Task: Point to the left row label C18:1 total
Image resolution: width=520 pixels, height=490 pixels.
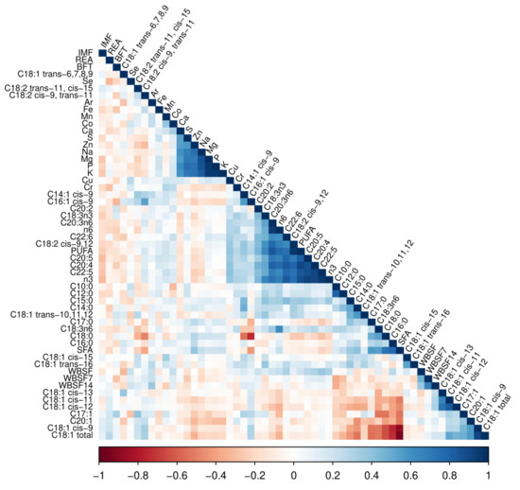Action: tap(69, 436)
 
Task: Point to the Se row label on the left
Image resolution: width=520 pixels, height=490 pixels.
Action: tap(86, 80)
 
